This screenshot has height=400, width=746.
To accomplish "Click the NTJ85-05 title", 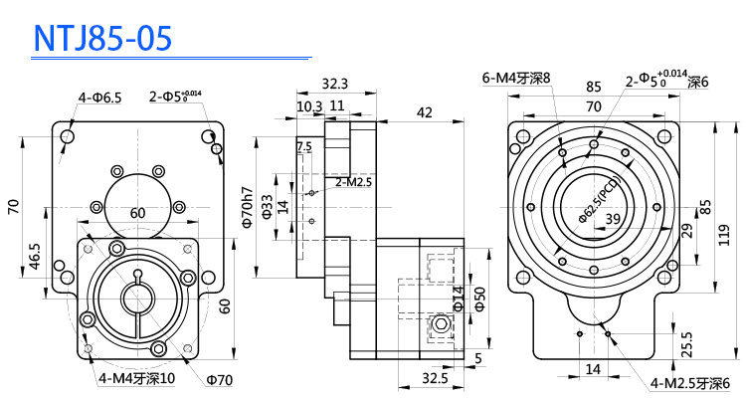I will pos(103,37).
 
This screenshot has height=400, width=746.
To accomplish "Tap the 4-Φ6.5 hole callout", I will pos(99,98).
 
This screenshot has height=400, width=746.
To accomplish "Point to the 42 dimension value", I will pos(424,113).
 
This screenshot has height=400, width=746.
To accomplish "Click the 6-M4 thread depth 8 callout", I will pos(516,78).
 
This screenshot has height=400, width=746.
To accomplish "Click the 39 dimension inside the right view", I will pos(614,219).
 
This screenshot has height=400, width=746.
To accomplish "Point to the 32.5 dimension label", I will pos(434,379).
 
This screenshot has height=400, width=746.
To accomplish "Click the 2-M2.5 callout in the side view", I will pos(353,182).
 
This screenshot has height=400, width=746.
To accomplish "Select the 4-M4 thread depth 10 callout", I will pos(137,378).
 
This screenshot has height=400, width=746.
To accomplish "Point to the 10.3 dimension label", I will pos(308,105).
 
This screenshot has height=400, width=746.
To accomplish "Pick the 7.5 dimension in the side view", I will pos(303,146).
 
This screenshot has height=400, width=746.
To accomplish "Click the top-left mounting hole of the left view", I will pos(68,135).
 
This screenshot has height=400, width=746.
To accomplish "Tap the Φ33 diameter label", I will pos(267,206).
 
